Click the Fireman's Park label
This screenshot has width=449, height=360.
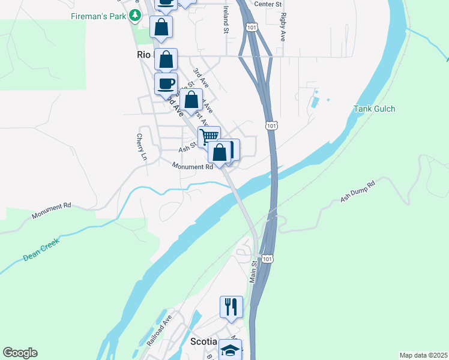pyautogui.click(x=97, y=16)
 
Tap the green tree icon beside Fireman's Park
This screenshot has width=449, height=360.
pyautogui.click(x=136, y=16)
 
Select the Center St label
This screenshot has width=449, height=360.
pyautogui.click(x=268, y=4)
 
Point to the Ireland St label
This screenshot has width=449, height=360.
pyautogui.click(x=226, y=19)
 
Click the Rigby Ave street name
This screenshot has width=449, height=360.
pyautogui.click(x=282, y=28)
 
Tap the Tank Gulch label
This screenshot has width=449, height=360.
pyautogui.click(x=375, y=109)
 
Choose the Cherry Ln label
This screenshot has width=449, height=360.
pyautogui.click(x=141, y=146)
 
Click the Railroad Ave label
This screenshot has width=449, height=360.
pyautogui.click(x=160, y=331)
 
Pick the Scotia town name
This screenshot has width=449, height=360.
pyautogui.click(x=203, y=341)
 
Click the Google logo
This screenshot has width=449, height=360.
pyautogui.click(x=20, y=353)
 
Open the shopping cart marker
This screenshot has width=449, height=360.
pyautogui.click(x=209, y=137)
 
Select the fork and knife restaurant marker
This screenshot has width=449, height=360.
pyautogui.click(x=231, y=307)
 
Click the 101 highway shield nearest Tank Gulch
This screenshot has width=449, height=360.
pyautogui.click(x=271, y=125)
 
